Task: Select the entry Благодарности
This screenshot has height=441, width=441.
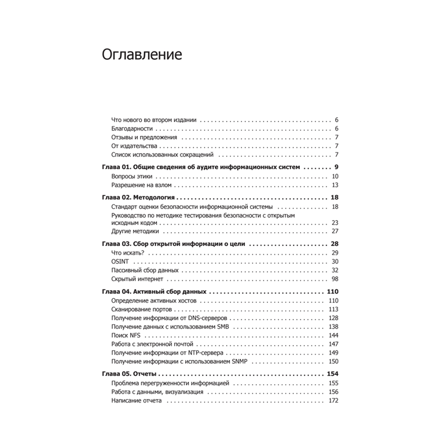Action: (132, 129)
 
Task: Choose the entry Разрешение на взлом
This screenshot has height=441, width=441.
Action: (141, 185)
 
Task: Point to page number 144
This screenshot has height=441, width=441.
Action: (333, 335)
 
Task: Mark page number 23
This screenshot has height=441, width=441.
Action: (334, 223)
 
